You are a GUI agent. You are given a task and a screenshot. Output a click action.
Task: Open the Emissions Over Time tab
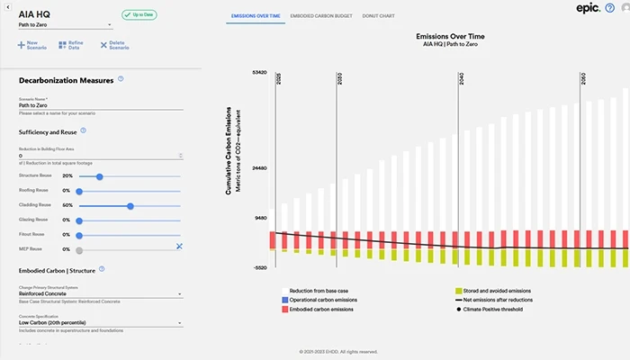pos(255,16)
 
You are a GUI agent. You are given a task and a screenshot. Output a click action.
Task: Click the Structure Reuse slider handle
pos(99,176)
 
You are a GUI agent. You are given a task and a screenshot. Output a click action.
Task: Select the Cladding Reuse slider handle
pos(130,205)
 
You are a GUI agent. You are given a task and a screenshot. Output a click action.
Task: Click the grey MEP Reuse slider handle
pos(80,249)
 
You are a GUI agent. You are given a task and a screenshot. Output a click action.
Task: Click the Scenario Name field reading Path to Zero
pos(99,105)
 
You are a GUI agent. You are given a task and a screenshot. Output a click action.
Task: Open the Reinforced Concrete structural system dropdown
pos(99,293)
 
